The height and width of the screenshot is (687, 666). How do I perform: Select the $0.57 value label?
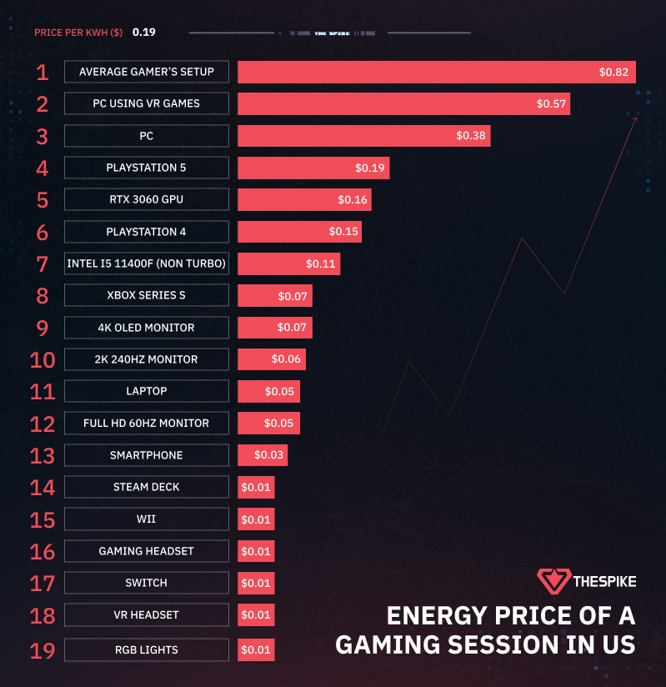[x=551, y=104]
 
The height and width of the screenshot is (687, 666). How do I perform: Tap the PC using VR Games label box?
[x=146, y=104]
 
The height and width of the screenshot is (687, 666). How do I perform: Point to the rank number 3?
[x=43, y=136]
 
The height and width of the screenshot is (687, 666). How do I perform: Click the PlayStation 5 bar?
[x=313, y=168]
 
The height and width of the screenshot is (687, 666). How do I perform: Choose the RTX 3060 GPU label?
[x=146, y=200]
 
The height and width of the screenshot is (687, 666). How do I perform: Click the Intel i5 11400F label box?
[x=146, y=264]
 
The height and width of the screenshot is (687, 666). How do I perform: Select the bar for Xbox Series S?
[x=274, y=296]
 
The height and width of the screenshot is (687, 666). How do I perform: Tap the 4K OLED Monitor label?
[x=146, y=328]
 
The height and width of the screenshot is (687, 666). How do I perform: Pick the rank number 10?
[x=43, y=360]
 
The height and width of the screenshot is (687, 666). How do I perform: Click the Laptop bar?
[x=268, y=392]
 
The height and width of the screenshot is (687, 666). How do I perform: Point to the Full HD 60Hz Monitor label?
[x=146, y=424]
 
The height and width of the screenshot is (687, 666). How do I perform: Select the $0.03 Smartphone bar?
[x=263, y=455]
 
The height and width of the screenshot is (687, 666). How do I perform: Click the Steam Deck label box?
[x=146, y=487]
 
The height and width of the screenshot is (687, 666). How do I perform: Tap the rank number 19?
[x=43, y=650]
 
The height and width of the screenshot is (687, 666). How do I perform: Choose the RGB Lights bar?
[x=256, y=650]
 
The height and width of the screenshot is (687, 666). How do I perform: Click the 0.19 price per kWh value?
[x=143, y=33]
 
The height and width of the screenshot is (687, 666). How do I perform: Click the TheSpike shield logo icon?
[x=553, y=581]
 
